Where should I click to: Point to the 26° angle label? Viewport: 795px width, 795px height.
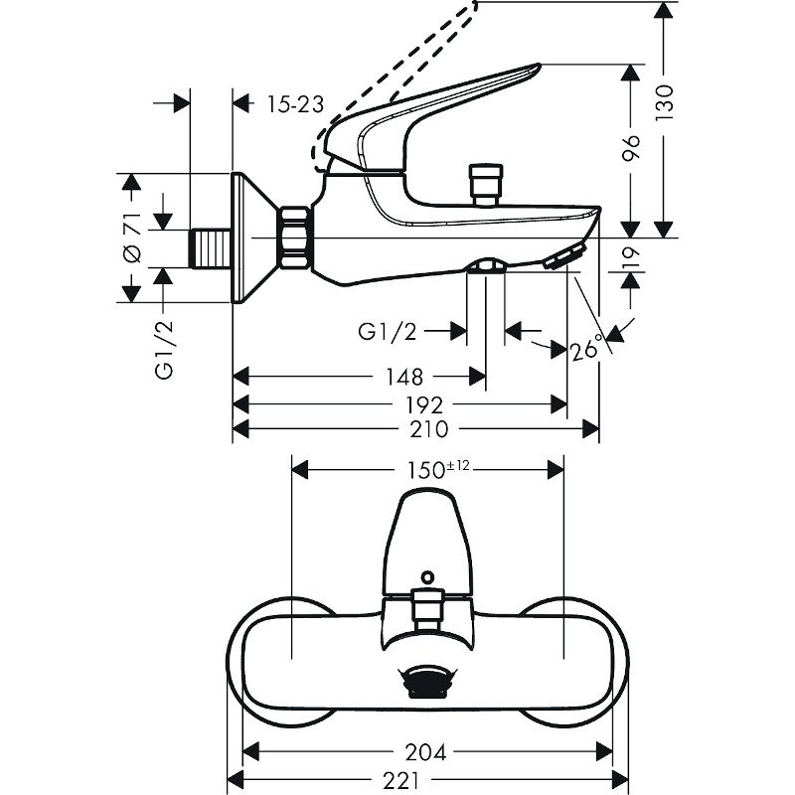pos(587,350)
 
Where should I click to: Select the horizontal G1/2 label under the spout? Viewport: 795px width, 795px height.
pos(389,331)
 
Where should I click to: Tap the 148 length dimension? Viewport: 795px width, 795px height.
pos(401,377)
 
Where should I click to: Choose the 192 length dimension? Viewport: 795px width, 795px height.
pos(425,404)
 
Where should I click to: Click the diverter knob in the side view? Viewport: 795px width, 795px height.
pos(485,183)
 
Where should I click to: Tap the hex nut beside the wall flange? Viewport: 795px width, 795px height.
pos(296,238)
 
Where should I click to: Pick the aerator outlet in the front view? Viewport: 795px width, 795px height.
pos(427,684)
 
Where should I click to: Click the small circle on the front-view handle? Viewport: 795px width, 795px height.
pos(427,575)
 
